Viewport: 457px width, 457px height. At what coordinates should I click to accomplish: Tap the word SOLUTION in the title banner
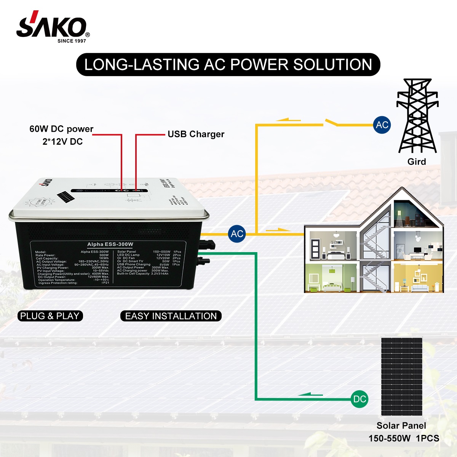coord(332,64)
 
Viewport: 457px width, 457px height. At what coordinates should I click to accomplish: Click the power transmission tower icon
coord(417,116)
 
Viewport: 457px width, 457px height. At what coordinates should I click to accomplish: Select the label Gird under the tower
coord(417,161)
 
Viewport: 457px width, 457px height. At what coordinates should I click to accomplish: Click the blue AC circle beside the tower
coord(382,125)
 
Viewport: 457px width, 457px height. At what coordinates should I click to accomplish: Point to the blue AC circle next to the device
coord(237,233)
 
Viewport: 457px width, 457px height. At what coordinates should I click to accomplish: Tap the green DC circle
coord(360,399)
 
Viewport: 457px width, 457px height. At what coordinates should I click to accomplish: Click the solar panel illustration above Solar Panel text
coord(401,376)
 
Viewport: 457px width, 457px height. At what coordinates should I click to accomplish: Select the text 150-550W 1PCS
coord(404,438)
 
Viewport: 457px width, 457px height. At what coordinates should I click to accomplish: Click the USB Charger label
coord(196,134)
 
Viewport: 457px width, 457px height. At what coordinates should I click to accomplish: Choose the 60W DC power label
coord(61,129)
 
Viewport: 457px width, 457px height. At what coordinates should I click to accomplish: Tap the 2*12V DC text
coord(62,142)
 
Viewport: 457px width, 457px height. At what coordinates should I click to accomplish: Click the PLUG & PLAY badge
coord(50,316)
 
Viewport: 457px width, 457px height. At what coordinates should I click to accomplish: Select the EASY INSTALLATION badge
coord(171,316)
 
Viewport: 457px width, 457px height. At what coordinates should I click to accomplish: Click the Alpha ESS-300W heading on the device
coord(110,244)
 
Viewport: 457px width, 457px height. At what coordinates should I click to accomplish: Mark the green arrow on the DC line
coord(310,394)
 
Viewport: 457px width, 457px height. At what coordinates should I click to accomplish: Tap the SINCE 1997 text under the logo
coord(72,41)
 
